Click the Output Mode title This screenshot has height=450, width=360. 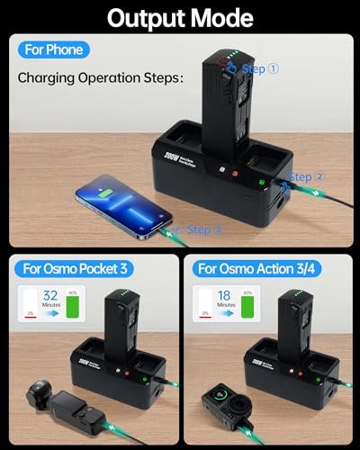pos(180,16)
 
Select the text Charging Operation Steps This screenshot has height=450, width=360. pos(101,78)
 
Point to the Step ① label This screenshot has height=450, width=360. pos(262,67)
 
